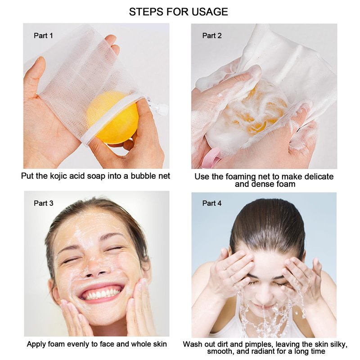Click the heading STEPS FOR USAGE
(x=178, y=12)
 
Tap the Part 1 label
(x=43, y=36)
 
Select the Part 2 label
(x=212, y=36)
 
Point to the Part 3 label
(x=43, y=203)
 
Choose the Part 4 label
(x=212, y=203)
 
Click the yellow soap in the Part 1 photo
(x=112, y=117)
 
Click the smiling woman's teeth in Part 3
(x=101, y=294)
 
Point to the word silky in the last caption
(x=339, y=344)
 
